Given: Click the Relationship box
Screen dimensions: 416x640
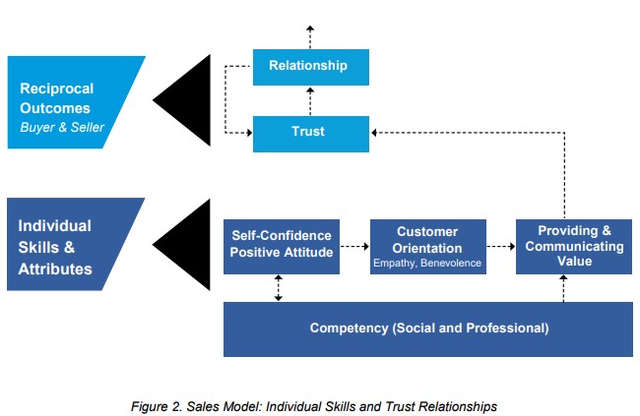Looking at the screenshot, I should pyautogui.click(x=310, y=67).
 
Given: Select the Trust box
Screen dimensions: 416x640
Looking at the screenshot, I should pyautogui.click(x=310, y=133).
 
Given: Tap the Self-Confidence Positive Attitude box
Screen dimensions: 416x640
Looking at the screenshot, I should pyautogui.click(x=281, y=246).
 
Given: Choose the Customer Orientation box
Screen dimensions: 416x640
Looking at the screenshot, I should pyautogui.click(x=427, y=246).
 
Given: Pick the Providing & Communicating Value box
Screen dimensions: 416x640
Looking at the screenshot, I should pyautogui.click(x=574, y=246).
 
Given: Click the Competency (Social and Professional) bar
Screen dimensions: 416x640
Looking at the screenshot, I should pyautogui.click(x=427, y=327).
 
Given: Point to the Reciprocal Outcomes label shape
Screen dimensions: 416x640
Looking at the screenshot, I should pyautogui.click(x=69, y=102).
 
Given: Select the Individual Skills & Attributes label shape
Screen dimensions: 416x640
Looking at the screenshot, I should pyautogui.click(x=69, y=244).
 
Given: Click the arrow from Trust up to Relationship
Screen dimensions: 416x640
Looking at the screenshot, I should pyautogui.click(x=310, y=100).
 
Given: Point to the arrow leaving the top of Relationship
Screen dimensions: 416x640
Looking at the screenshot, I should pyautogui.click(x=310, y=35).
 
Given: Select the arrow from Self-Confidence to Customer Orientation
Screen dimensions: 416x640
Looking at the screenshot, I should pyautogui.click(x=354, y=246).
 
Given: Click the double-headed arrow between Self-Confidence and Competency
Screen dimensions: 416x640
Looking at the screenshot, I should pyautogui.click(x=279, y=288).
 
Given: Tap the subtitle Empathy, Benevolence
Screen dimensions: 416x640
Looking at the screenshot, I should pyautogui.click(x=427, y=263).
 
